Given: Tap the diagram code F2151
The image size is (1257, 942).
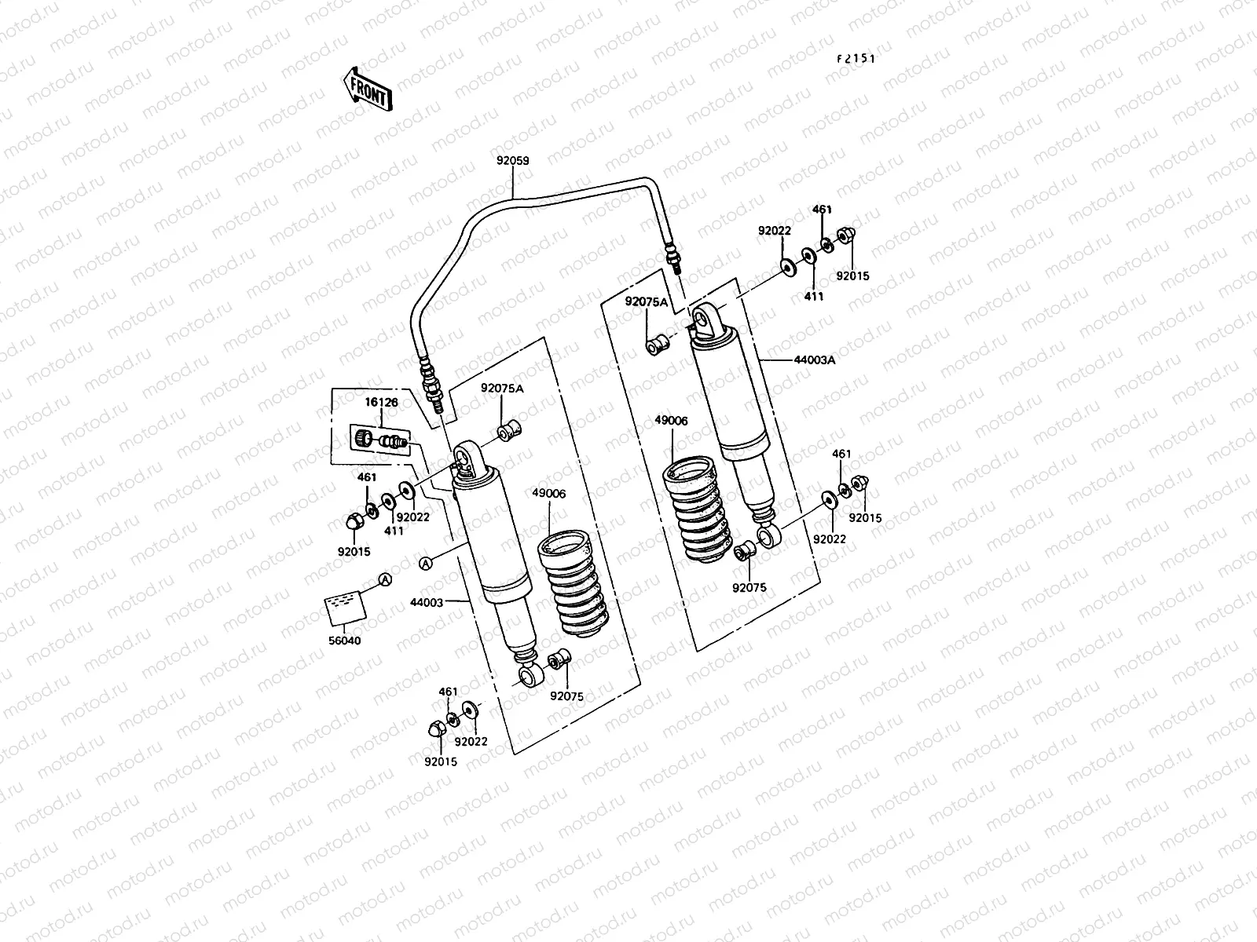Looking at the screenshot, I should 856,59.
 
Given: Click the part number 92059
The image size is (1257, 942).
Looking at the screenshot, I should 512,161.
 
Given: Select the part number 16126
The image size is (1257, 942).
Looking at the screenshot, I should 381,403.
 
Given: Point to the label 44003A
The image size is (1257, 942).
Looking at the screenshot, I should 815,360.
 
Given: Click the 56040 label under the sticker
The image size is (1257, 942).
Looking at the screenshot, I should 344,641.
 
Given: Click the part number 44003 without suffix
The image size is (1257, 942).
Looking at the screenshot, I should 427,603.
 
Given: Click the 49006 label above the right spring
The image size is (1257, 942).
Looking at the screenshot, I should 670,421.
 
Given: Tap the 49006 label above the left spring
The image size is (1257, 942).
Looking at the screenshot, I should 548,494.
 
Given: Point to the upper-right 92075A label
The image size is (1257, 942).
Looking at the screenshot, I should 646,301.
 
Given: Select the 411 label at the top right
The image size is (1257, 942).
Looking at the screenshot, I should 815,297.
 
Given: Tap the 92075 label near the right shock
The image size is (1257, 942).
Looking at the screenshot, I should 749,587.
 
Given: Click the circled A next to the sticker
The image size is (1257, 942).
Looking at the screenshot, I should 385,580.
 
